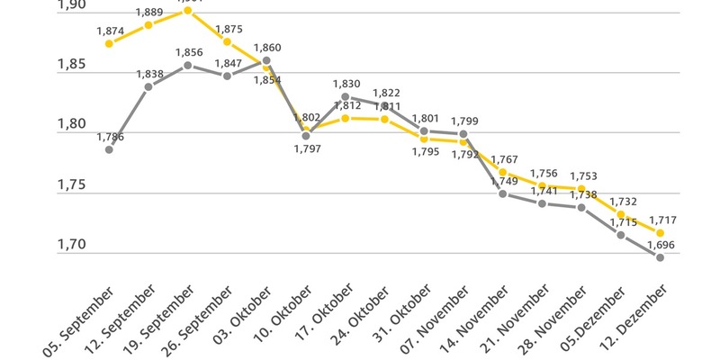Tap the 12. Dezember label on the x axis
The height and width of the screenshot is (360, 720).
630,319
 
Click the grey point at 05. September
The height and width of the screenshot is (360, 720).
109,149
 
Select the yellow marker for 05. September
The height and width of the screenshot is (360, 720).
109,43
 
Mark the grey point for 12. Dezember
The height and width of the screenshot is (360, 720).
661,257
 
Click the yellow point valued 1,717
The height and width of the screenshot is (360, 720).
661,232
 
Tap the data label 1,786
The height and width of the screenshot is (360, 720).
110,137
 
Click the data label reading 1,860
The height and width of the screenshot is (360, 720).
267,47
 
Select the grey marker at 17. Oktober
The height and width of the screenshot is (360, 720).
346,96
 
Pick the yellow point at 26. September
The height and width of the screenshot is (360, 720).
227,41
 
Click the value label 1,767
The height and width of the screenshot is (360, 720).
504,159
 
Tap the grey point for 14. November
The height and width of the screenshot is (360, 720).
502,193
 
